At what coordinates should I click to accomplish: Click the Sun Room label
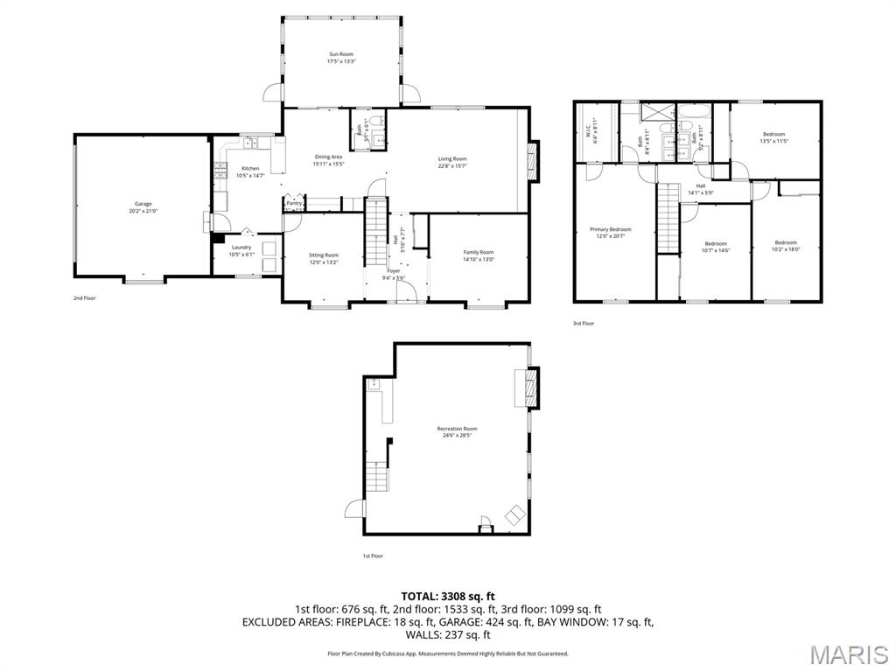click(x=340, y=53)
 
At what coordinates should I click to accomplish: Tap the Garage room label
click(x=143, y=204)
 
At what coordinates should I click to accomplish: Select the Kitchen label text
click(x=250, y=168)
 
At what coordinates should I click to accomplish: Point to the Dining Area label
click(x=329, y=157)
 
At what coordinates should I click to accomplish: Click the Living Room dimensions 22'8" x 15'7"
click(x=452, y=166)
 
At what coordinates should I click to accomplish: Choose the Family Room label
click(x=479, y=252)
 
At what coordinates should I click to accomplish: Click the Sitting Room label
click(x=323, y=255)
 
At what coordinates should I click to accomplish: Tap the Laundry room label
click(x=241, y=247)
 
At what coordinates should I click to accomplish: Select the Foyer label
click(x=394, y=270)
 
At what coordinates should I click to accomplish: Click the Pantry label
click(x=294, y=203)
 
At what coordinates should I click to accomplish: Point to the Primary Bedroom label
click(x=611, y=229)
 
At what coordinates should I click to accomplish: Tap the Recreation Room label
click(x=457, y=429)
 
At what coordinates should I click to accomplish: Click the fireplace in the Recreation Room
click(x=528, y=388)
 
